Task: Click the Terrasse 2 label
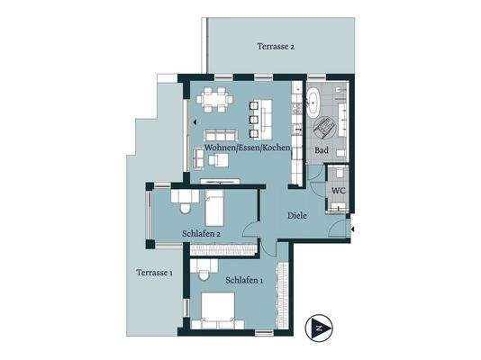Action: [276, 46]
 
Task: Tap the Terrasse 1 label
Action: [155, 273]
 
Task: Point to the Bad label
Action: [320, 150]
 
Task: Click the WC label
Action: [340, 191]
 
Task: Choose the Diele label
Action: [298, 216]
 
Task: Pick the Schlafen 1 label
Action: [244, 280]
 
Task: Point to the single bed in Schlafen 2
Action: [217, 211]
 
